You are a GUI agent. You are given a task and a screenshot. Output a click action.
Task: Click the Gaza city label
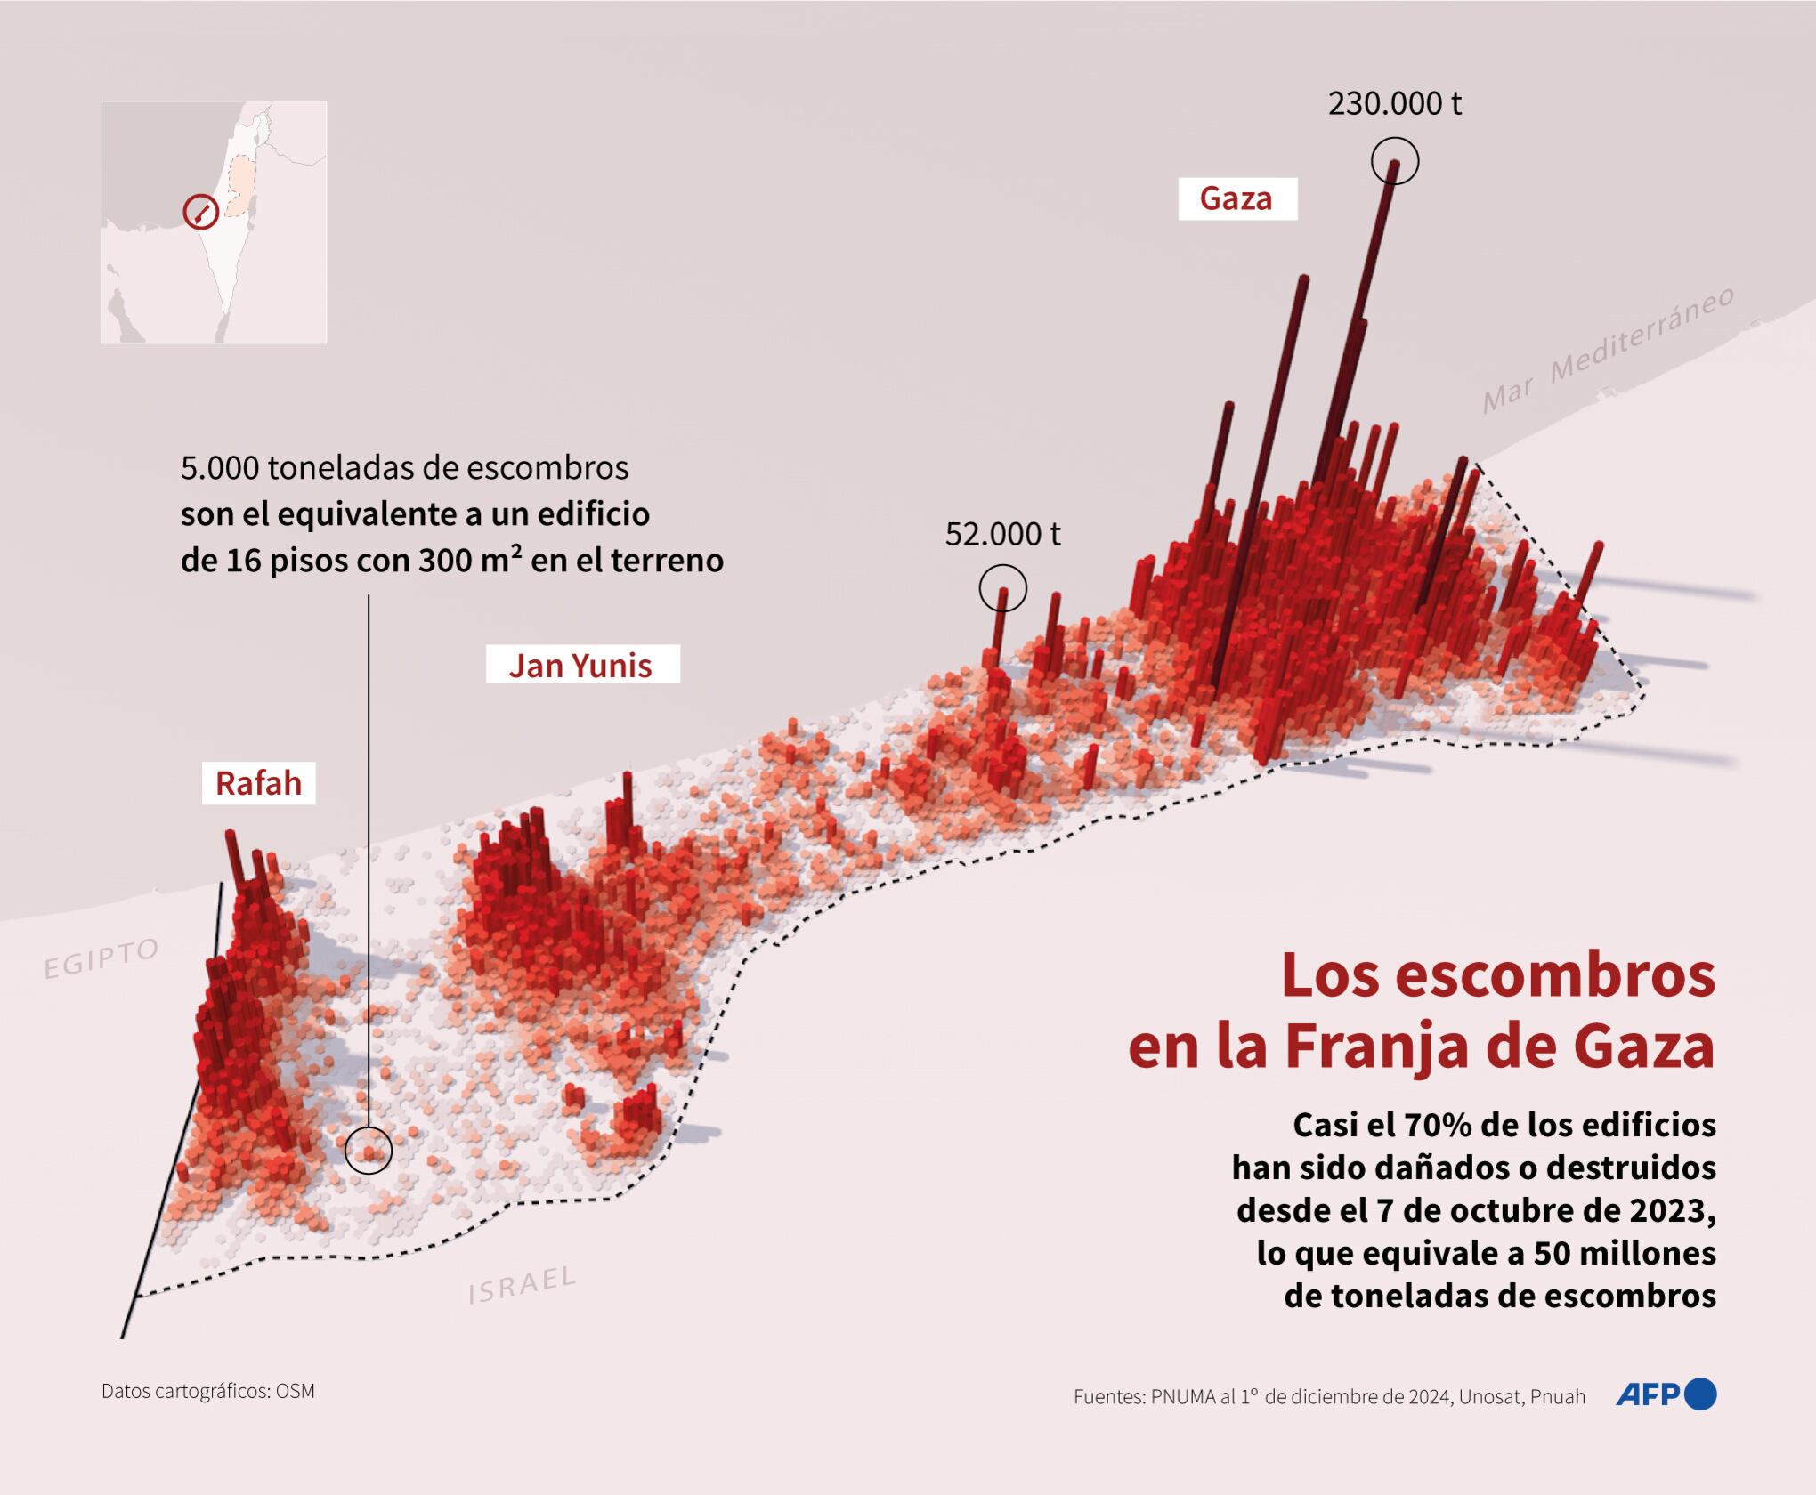[1236, 198]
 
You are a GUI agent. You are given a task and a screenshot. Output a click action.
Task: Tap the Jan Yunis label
[580, 666]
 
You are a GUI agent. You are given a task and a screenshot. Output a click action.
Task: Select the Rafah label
[258, 783]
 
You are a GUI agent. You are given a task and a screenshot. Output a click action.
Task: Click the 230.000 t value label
[1394, 104]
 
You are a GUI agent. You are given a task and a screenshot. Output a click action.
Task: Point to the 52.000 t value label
[1002, 534]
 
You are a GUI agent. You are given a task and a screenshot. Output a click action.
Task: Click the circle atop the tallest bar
[1395, 161]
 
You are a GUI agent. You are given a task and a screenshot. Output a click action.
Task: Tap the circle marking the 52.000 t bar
[1002, 587]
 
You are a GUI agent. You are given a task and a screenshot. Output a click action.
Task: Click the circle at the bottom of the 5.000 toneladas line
[369, 1150]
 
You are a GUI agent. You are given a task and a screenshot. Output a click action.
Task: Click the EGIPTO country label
[101, 958]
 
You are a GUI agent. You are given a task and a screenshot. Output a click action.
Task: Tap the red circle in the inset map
[201, 213]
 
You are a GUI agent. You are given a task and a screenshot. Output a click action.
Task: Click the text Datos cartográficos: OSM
[208, 1391]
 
